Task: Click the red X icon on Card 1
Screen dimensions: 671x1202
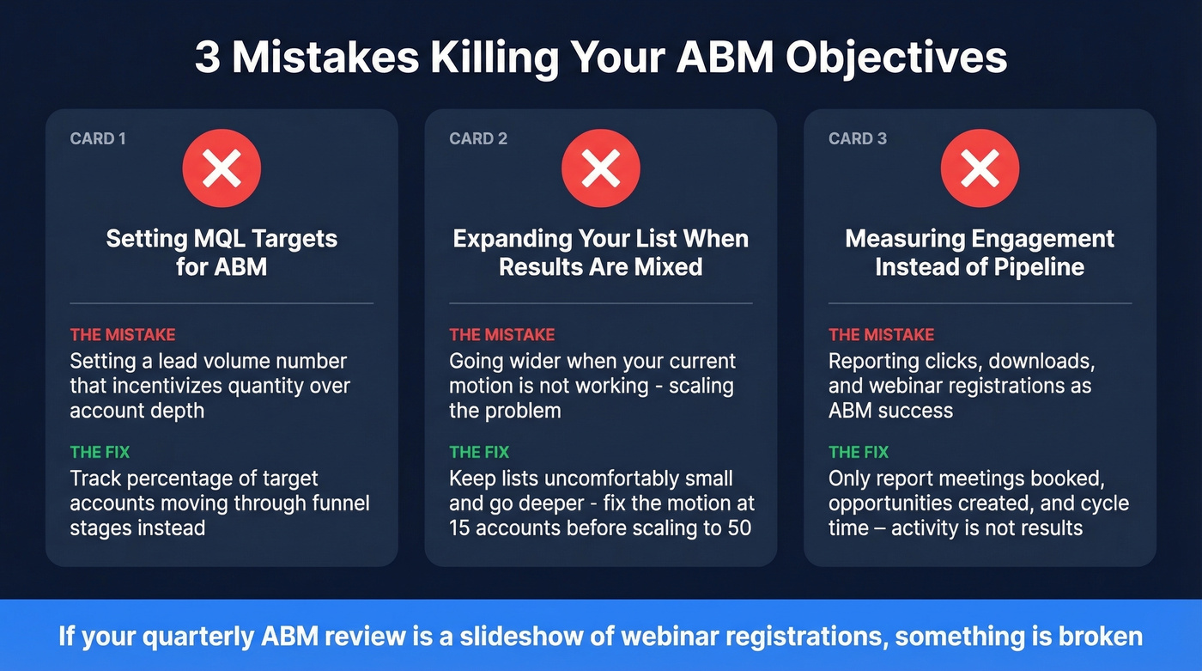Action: (222, 168)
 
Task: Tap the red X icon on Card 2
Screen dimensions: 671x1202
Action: (601, 168)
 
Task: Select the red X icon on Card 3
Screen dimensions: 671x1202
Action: (980, 168)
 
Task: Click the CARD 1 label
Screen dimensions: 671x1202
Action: (98, 138)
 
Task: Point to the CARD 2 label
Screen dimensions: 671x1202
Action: (478, 138)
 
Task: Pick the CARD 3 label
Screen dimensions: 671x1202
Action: (858, 138)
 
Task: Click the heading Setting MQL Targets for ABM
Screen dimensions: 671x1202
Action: (222, 253)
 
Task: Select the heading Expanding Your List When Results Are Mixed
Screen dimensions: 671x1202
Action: (601, 253)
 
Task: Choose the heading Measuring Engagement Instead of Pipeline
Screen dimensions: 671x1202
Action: (980, 253)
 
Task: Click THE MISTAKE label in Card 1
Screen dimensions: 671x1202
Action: (123, 335)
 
